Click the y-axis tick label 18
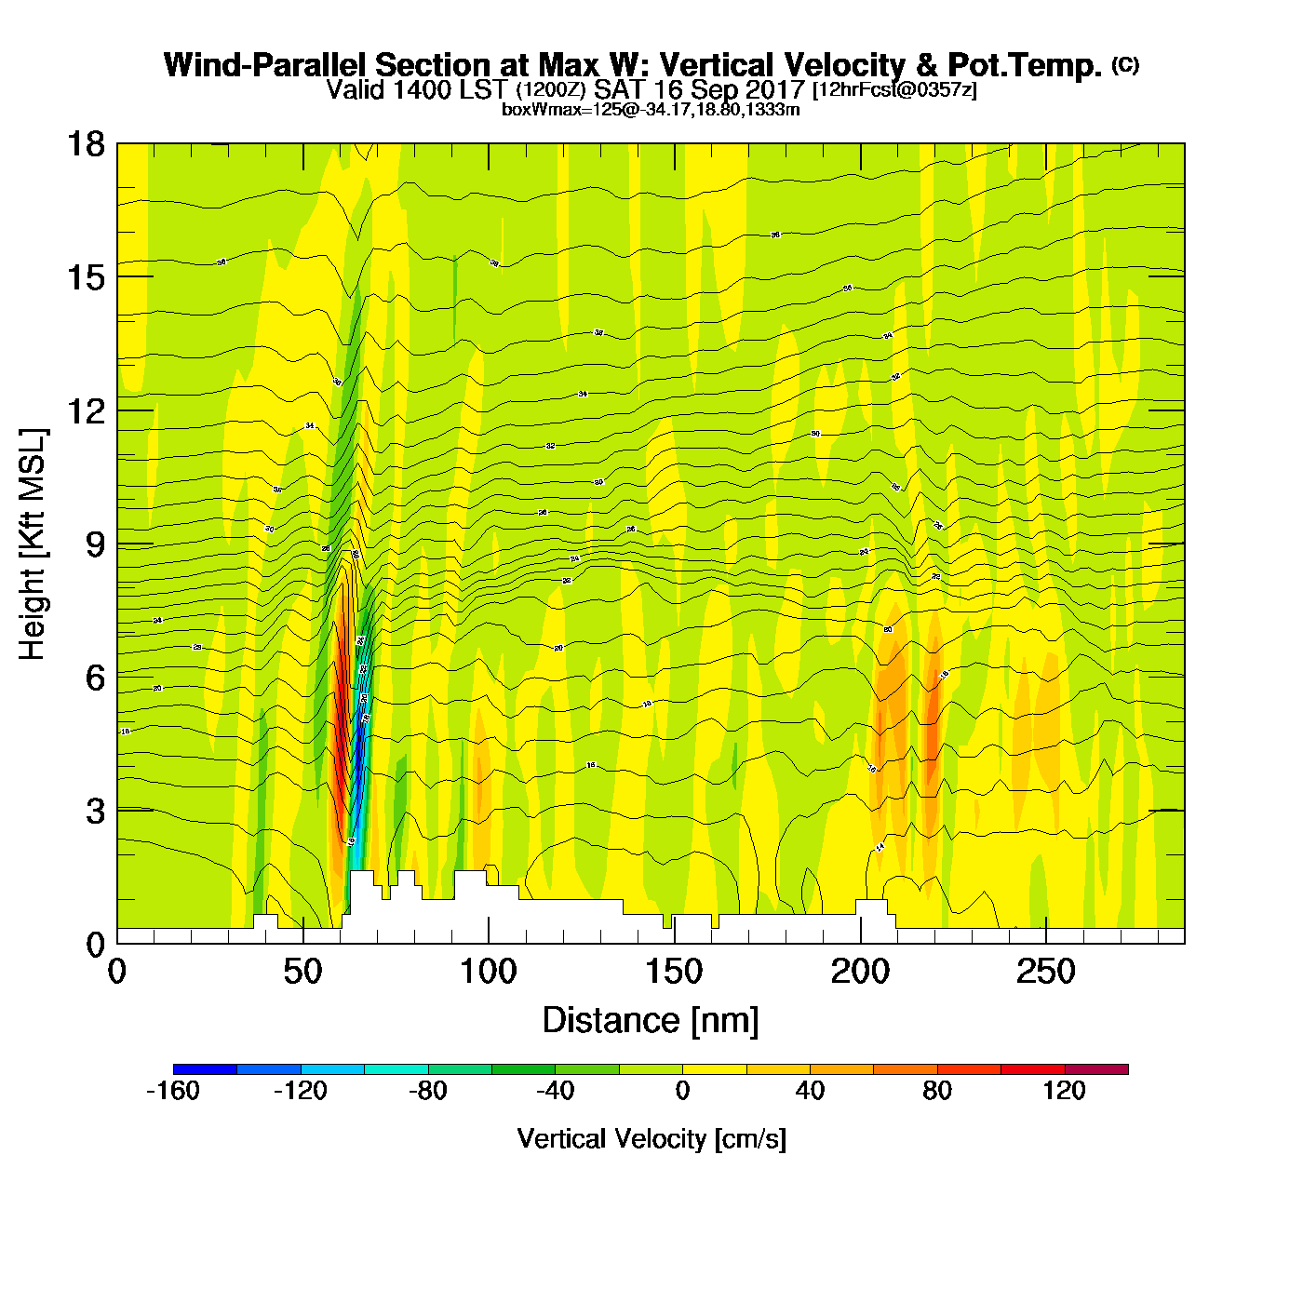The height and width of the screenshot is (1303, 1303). click(85, 144)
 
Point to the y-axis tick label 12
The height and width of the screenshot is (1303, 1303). click(85, 410)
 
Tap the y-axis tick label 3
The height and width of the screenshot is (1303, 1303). click(96, 811)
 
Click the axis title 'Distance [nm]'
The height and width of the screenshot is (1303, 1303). click(651, 1021)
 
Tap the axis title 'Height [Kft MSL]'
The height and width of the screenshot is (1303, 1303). click(33, 544)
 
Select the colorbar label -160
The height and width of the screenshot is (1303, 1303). click(173, 1091)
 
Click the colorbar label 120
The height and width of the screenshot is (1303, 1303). click(1065, 1091)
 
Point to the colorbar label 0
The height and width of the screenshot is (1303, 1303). click(682, 1091)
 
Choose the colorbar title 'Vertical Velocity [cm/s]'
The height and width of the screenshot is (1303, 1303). click(651, 1139)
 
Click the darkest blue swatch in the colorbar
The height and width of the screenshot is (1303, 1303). click(205, 1069)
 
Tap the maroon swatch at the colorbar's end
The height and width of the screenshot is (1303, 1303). click(1096, 1069)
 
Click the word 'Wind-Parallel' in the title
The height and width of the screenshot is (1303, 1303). click(266, 65)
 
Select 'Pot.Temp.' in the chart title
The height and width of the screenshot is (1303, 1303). click(1025, 65)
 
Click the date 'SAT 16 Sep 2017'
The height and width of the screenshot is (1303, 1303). click(699, 90)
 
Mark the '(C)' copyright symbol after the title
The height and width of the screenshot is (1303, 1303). click(1125, 64)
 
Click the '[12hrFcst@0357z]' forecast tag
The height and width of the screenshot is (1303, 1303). click(894, 90)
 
